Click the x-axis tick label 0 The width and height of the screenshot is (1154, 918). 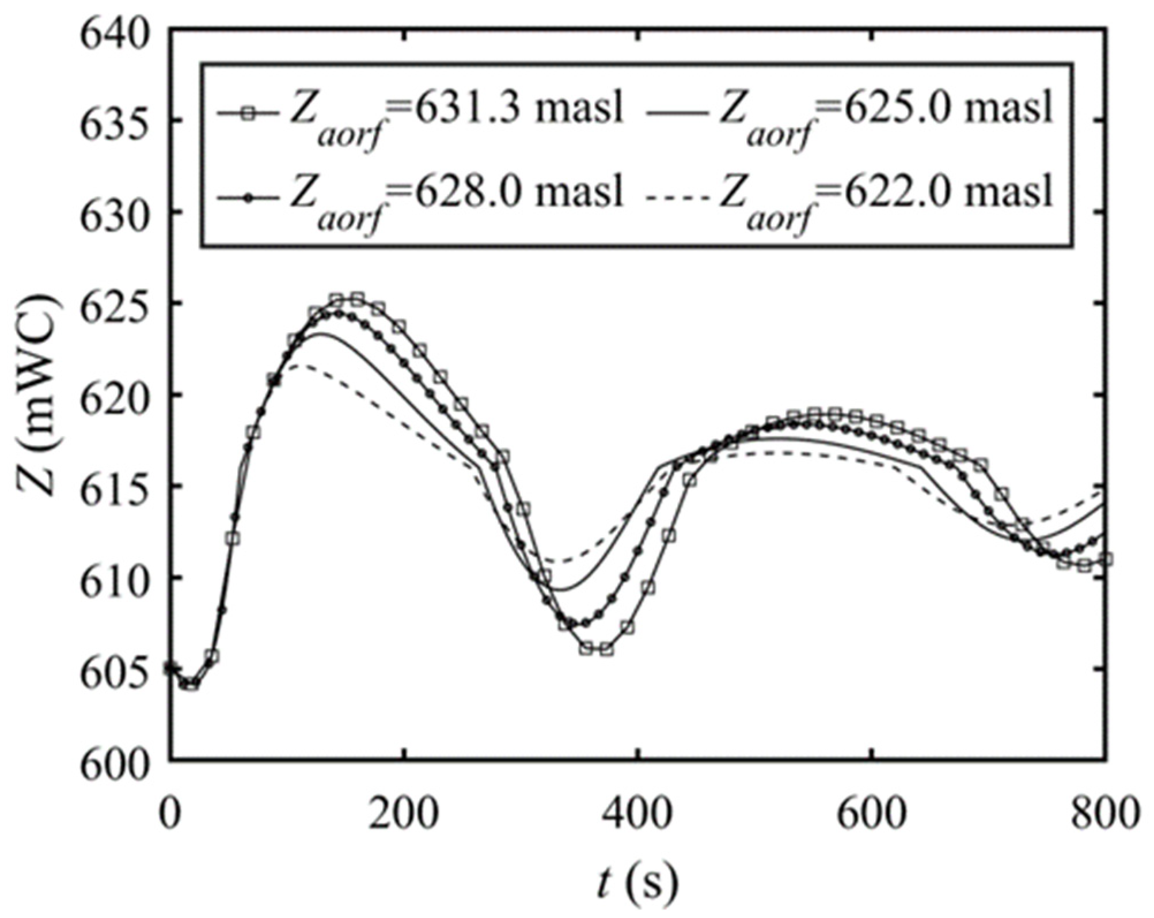point(169,813)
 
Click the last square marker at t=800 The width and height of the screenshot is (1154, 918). point(1105,559)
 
